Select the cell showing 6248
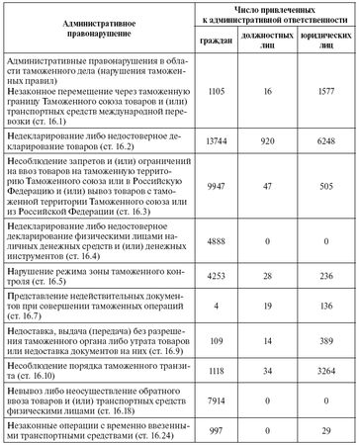327,142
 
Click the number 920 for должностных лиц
272,142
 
